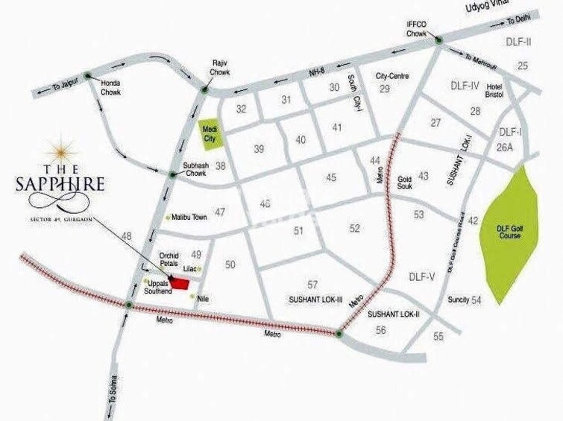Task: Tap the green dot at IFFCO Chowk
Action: pos(439,39)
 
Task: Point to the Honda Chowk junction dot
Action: pos(88,75)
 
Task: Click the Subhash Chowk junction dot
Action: pos(173,175)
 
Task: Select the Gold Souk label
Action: pos(405,183)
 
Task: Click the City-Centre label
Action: pos(392,76)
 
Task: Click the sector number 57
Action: pos(312,285)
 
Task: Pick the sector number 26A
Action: pos(506,148)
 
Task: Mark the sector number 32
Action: pos(242,109)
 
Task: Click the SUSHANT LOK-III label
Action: pos(315,298)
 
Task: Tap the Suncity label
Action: pos(459,300)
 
